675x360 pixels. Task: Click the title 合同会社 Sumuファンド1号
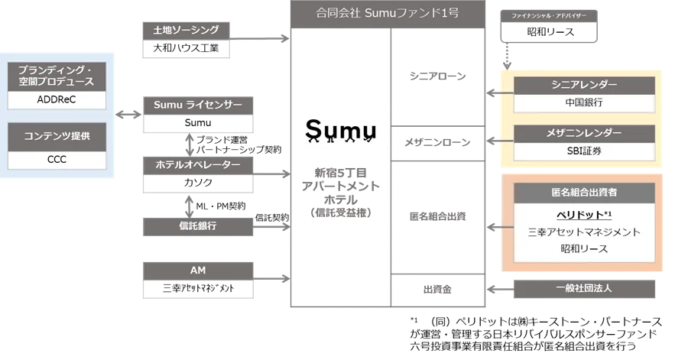coord(387,13)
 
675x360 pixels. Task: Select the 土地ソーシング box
coord(187,31)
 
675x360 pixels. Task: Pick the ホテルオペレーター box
coord(197,164)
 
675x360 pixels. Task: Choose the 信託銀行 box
coord(197,225)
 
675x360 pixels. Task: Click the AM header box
coord(197,270)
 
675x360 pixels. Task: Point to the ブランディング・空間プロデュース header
coord(57,76)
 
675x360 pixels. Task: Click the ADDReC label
coord(57,100)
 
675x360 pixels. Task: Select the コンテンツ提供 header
coord(57,136)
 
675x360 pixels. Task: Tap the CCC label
coord(57,160)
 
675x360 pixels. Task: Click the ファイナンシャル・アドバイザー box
coord(547,15)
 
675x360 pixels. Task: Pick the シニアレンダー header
coord(584,84)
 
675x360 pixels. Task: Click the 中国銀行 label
coord(584,102)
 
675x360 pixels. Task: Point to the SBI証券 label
coord(584,151)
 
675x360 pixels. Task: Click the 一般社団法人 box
coord(584,288)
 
